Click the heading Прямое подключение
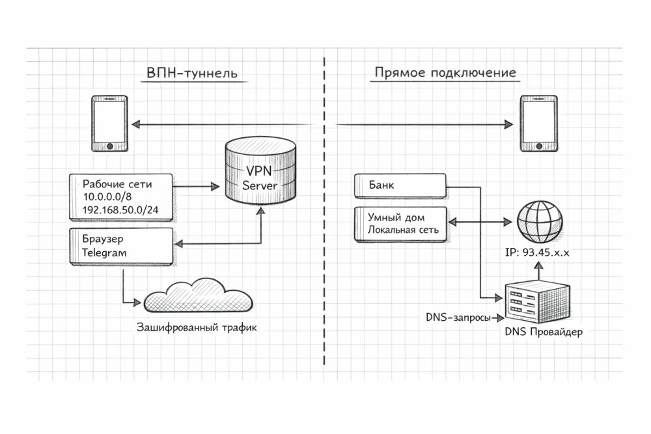click(445, 73)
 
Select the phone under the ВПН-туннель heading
click(109, 124)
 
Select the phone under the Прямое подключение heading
click(538, 124)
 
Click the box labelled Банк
click(400, 186)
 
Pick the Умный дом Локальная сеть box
click(400, 224)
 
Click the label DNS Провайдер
click(543, 332)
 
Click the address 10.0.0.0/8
click(111, 197)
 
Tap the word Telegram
click(105, 252)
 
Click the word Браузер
click(102, 239)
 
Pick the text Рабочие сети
click(117, 185)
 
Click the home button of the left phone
click(109, 146)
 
